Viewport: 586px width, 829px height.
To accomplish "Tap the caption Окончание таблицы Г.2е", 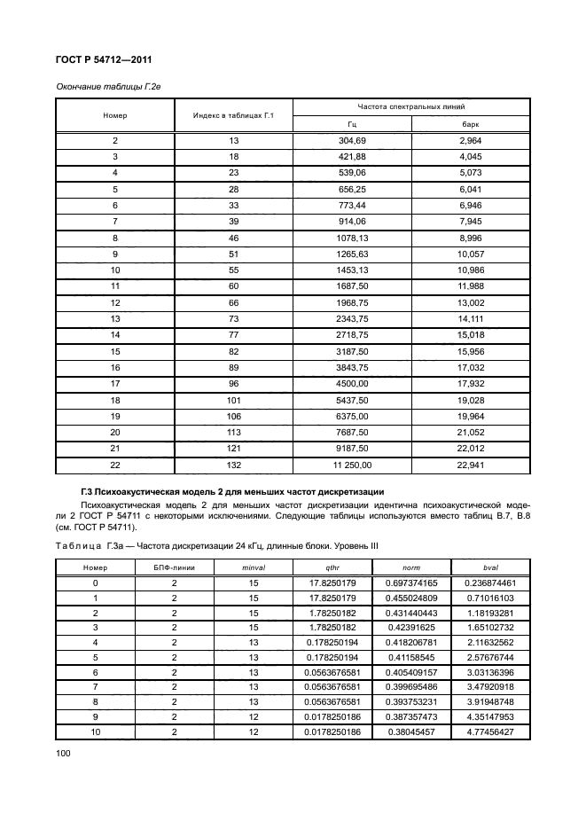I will click(x=107, y=86).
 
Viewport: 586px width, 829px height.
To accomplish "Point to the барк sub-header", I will click(x=470, y=125).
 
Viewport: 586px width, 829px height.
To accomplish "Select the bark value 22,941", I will click(x=470, y=464).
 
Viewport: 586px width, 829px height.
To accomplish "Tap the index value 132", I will click(x=233, y=464).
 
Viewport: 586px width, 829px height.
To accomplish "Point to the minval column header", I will click(x=254, y=567).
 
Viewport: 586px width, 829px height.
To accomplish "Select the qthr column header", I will click(x=332, y=567).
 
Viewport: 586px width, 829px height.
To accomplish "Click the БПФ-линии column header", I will click(x=175, y=567).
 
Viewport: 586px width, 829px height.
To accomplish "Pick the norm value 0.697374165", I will click(x=411, y=583).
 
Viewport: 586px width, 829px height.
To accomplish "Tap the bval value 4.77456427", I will click(x=490, y=732).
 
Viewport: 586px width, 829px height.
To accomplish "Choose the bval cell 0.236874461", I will click(x=490, y=583).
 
